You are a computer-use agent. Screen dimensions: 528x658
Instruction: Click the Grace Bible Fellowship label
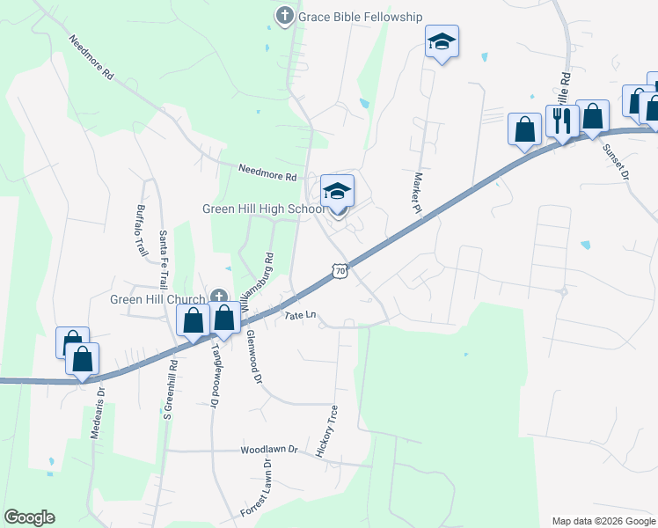361,17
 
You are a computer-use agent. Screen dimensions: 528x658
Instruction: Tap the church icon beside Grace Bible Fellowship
284,16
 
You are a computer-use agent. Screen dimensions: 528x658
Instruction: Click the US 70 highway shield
340,272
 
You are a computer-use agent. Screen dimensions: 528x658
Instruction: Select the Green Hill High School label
265,209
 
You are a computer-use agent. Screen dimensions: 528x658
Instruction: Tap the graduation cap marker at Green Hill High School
338,191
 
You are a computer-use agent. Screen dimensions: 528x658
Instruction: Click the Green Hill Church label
158,299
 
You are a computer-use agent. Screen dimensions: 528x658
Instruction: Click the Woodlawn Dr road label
269,451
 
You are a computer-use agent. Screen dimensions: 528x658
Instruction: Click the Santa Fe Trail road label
163,259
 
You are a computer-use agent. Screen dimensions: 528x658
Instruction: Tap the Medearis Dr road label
97,413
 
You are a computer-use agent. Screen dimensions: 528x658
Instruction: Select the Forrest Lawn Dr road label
256,495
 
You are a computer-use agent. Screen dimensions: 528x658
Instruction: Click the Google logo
29,517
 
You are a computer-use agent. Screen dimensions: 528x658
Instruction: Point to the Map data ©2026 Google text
603,521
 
